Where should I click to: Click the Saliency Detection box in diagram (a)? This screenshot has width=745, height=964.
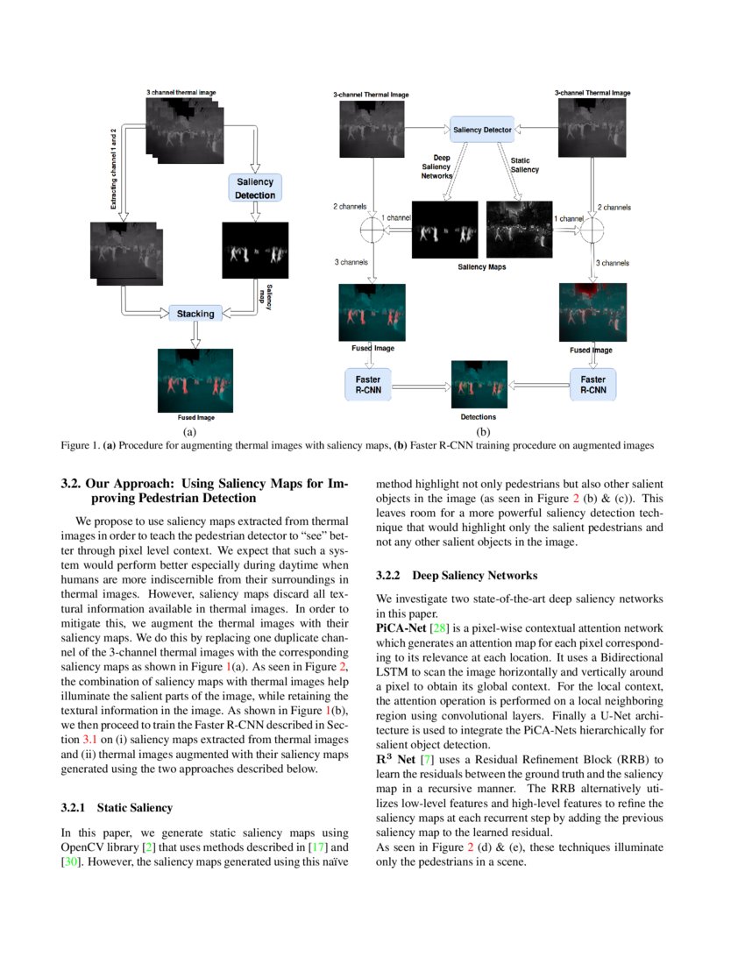[x=255, y=188]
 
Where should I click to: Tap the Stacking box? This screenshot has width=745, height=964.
[x=195, y=313]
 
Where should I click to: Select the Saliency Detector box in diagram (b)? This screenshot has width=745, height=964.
[x=481, y=130]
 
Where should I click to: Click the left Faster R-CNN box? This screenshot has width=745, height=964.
[x=367, y=386]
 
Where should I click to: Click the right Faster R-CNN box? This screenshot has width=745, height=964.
[x=592, y=386]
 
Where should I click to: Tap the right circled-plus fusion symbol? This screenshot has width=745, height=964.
[x=592, y=230]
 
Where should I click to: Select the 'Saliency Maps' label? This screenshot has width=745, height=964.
[x=483, y=266]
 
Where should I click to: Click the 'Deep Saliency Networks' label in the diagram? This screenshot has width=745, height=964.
[x=436, y=167]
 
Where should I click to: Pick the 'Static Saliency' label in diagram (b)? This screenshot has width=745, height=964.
[x=524, y=165]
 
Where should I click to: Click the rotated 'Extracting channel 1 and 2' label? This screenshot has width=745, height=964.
[x=113, y=167]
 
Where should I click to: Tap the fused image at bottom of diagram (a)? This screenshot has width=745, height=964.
[x=195, y=380]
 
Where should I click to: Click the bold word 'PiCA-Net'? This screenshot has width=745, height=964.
[x=397, y=629]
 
